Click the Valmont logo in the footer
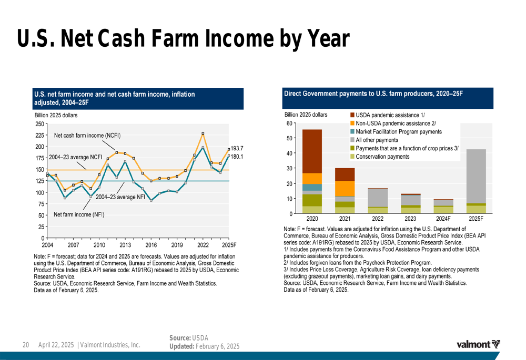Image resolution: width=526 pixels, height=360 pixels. click(x=479, y=345)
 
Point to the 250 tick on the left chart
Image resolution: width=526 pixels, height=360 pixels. click(x=39, y=124)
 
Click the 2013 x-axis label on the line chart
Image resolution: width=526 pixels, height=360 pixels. click(x=125, y=245)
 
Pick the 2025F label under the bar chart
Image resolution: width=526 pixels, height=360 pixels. click(x=476, y=218)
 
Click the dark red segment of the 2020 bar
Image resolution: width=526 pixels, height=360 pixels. click(x=312, y=151)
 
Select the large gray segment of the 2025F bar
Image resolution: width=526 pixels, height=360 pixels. click(x=476, y=176)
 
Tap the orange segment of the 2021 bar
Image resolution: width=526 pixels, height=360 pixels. click(x=345, y=188)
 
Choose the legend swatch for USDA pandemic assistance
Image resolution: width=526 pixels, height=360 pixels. click(x=352, y=115)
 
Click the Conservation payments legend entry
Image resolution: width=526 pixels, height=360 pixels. click(x=382, y=157)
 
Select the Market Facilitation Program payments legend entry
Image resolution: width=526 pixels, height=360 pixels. click(x=399, y=131)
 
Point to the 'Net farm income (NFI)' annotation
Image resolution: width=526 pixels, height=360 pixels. click(x=79, y=214)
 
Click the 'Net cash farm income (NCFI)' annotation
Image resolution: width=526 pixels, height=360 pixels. click(x=87, y=136)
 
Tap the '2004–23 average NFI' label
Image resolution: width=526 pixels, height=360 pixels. click(x=120, y=197)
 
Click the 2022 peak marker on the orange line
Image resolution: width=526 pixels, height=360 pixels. click(x=203, y=133)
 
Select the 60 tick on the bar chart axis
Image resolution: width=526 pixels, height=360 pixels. click(x=289, y=124)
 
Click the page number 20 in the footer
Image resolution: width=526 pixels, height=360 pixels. click(x=25, y=345)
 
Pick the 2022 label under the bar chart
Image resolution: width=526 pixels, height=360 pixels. click(x=377, y=218)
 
